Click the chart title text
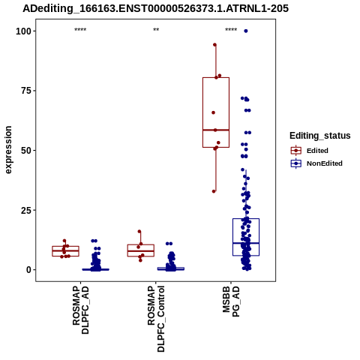click(x=155, y=8)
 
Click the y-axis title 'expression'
click(x=8, y=150)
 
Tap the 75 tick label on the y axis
click(x=26, y=91)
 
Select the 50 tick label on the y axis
click(x=26, y=151)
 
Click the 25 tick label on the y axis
click(x=26, y=210)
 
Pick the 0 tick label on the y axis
click(x=29, y=270)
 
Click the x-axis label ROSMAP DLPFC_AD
click(x=81, y=310)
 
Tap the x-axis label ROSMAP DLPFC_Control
click(x=156, y=319)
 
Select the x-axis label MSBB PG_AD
click(x=231, y=301)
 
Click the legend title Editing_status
click(x=320, y=136)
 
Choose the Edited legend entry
click(x=310, y=151)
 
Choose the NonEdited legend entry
click(x=316, y=163)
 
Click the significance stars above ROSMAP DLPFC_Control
click(x=156, y=30)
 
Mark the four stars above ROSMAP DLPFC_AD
click(x=80, y=30)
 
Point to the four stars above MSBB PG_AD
click(x=231, y=30)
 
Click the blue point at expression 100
click(x=246, y=31)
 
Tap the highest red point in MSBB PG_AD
click(x=214, y=45)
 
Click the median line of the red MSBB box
click(x=216, y=130)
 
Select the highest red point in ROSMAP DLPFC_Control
click(x=139, y=232)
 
